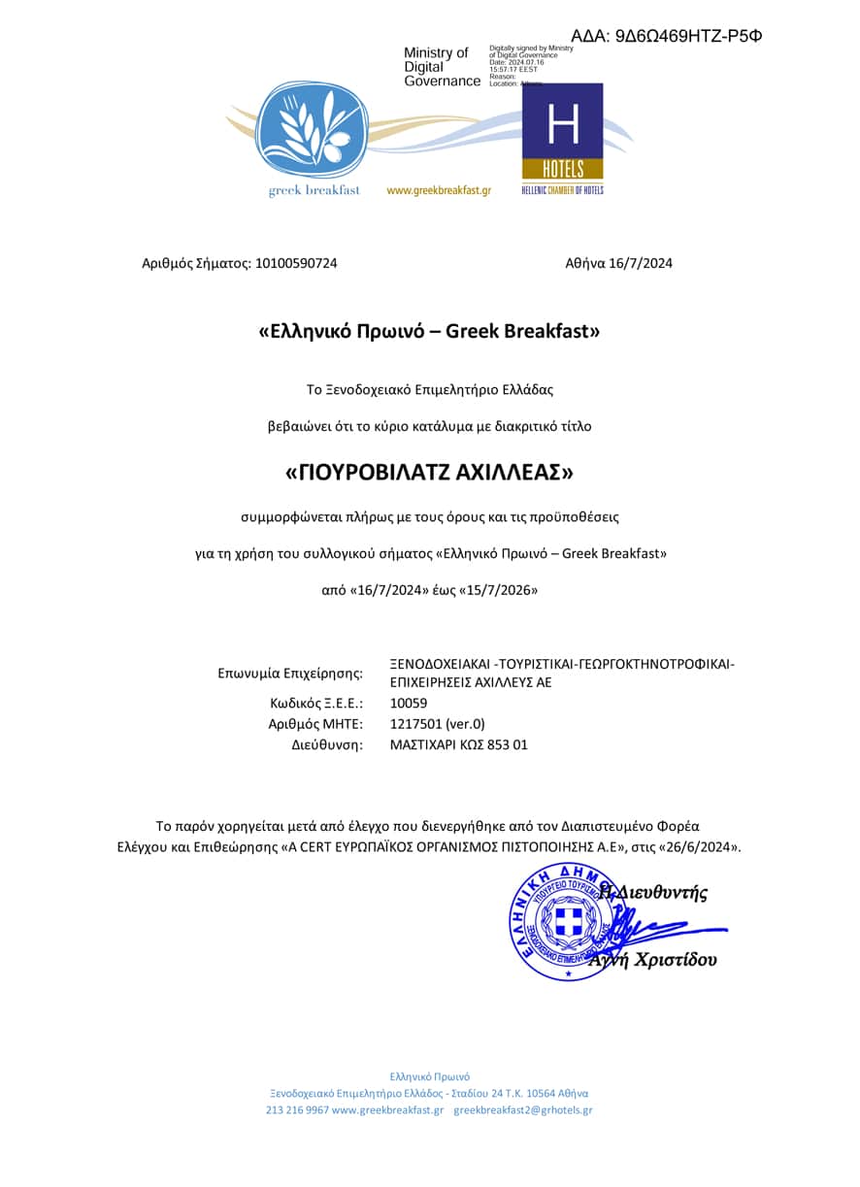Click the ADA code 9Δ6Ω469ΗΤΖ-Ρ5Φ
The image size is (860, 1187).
pos(666,36)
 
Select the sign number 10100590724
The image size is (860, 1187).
pos(295,263)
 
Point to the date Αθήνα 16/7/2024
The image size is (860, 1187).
pos(618,263)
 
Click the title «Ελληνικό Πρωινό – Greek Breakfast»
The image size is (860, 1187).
pos(429,331)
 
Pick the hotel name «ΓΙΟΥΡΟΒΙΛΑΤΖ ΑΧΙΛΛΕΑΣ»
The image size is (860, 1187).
pos(429,473)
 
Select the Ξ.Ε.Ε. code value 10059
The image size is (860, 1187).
pos(408,703)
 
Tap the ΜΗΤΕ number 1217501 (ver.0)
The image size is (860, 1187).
pos(437,723)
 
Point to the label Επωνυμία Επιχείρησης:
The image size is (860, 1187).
pos(290,673)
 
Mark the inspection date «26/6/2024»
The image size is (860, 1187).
pos(702,846)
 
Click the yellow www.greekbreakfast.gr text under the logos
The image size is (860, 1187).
pos(439,190)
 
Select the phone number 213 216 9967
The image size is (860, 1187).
pos(297,1109)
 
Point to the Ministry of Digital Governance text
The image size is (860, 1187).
pos(442,67)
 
